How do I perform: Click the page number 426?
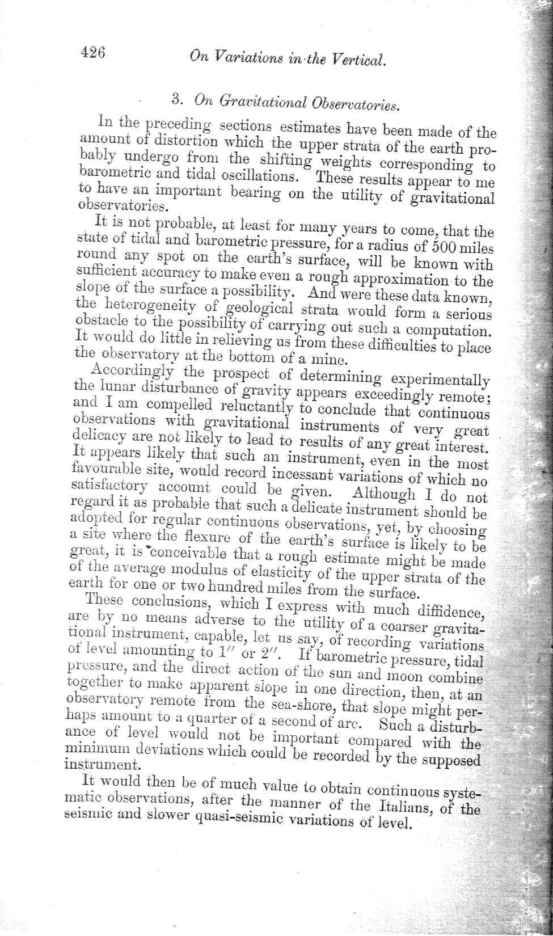pos(93,53)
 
